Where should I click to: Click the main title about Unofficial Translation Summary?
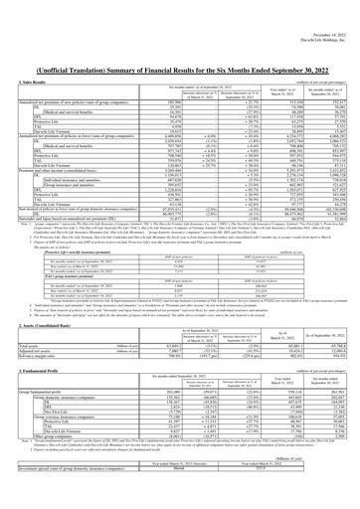pos(180,32)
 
